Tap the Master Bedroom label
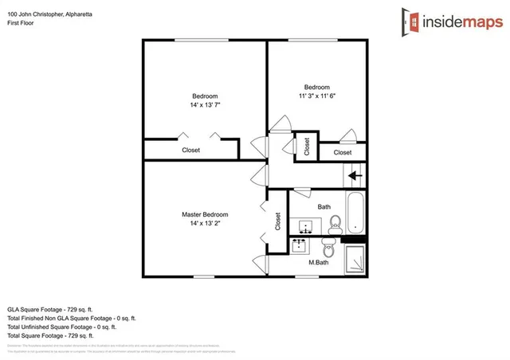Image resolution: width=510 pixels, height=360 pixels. [205, 214]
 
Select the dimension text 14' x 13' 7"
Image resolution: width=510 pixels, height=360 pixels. [205, 104]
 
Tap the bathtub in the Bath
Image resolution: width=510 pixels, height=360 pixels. [356, 213]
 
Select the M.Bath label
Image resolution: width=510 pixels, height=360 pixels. [319, 262]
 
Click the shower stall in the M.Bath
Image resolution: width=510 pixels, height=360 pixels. [355, 260]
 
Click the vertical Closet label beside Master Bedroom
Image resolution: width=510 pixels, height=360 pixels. [277, 221]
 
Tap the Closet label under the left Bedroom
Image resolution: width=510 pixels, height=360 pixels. [191, 150]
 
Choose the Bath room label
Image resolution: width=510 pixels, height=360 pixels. [324, 207]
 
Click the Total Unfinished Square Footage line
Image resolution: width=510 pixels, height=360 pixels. [61, 326]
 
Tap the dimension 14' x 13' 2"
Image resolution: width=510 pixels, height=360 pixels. [205, 225]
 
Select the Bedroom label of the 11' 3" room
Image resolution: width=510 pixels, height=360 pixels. [316, 87]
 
